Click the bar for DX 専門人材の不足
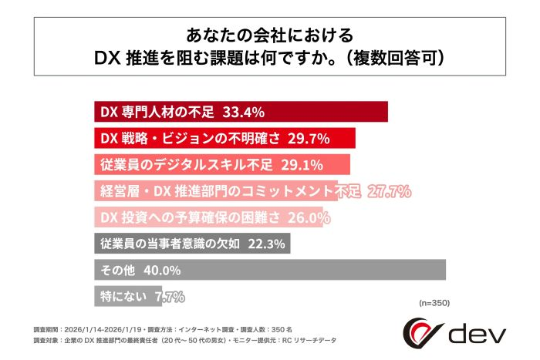pos(240,112)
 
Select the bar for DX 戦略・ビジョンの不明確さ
pos(224,138)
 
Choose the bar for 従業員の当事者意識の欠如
pos(193,244)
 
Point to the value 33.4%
pos(245,112)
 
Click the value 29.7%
pos(308,138)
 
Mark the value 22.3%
pos(266,244)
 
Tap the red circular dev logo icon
pos(422,333)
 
